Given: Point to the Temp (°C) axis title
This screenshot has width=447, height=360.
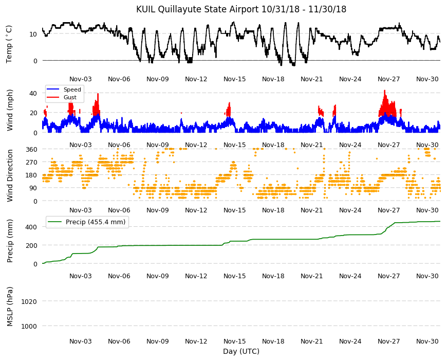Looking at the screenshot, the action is (x=9, y=44).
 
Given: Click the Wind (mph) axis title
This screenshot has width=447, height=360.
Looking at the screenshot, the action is (x=10, y=110).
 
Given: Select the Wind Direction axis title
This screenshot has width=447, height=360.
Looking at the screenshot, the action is (x=10, y=175).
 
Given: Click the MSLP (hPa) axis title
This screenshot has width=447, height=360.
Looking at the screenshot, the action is (x=10, y=307).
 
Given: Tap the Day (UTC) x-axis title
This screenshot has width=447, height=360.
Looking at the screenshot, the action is (x=241, y=351).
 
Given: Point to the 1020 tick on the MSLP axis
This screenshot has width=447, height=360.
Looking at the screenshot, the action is (x=29, y=301).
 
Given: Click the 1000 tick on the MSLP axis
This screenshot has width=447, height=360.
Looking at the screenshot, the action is (x=29, y=326).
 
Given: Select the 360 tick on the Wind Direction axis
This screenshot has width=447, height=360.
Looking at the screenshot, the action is (x=31, y=149).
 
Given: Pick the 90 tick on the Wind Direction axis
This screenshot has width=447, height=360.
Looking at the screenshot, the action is (x=33, y=188).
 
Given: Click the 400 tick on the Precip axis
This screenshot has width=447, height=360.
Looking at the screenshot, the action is (x=31, y=227).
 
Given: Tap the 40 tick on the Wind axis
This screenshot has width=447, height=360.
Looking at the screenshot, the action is (x=33, y=93).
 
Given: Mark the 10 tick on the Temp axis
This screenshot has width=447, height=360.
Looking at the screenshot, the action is (x=33, y=34).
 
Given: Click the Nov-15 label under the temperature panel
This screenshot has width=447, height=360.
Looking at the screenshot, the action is (x=235, y=79).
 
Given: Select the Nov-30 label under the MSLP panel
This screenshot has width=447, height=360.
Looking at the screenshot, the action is (x=427, y=341).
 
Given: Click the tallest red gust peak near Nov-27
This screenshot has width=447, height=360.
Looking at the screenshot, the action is (x=384, y=91).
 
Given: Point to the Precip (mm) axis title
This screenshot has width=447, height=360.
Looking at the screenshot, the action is (x=10, y=241).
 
